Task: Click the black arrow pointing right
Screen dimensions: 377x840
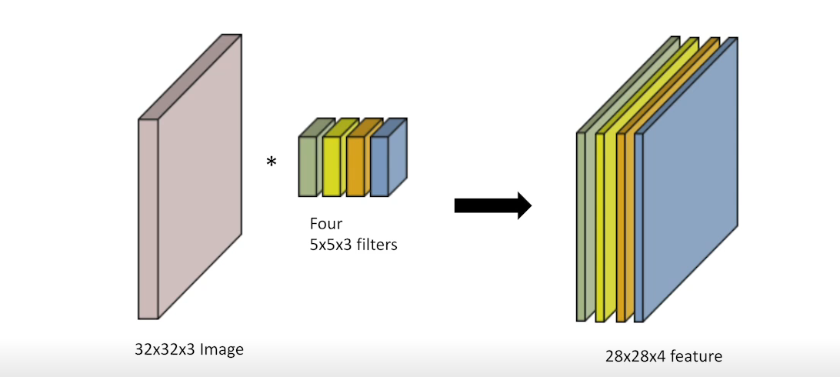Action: click(492, 205)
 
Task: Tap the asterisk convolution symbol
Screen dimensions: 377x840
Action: click(272, 162)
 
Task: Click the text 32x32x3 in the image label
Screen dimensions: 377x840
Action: click(165, 349)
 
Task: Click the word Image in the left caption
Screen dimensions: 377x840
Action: click(222, 349)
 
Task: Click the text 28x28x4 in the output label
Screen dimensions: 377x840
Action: click(635, 356)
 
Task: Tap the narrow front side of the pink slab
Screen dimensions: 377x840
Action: click(148, 219)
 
